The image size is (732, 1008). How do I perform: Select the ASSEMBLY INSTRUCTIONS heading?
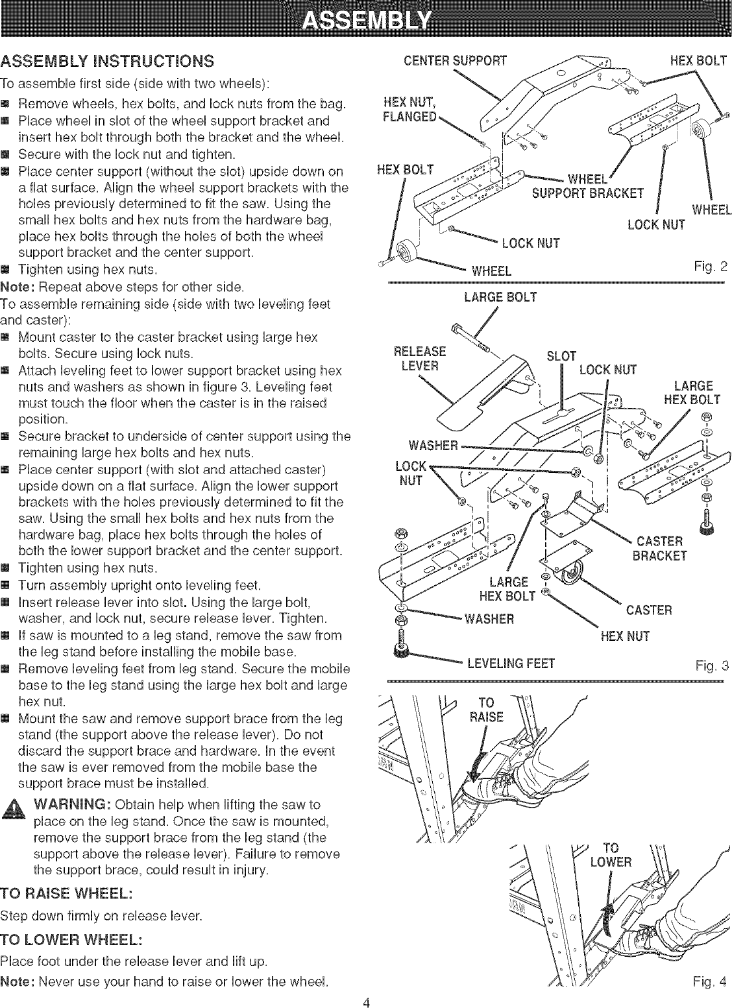108,62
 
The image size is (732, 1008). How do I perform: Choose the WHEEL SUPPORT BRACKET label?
587,186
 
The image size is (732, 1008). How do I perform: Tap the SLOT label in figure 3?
562,356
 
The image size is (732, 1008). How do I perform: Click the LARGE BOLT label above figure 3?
500,298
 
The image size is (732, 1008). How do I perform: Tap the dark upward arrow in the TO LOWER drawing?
607,920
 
